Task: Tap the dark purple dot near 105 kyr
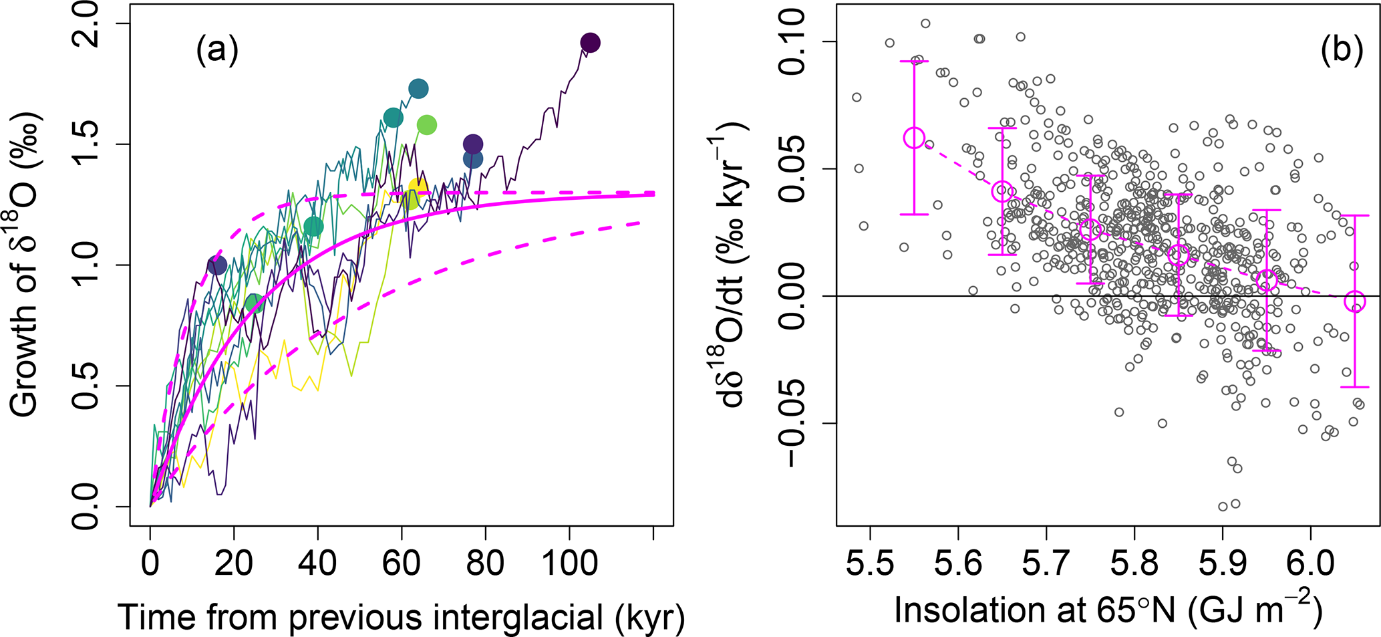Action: click(x=590, y=43)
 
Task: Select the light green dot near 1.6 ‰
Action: click(x=427, y=124)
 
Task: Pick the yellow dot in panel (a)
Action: click(x=418, y=188)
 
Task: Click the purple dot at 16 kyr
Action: click(x=216, y=265)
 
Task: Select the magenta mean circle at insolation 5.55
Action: click(x=914, y=138)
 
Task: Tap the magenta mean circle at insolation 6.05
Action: click(x=1355, y=301)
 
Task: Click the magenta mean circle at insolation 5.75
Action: click(x=1090, y=229)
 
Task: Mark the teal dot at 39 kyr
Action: click(x=313, y=227)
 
